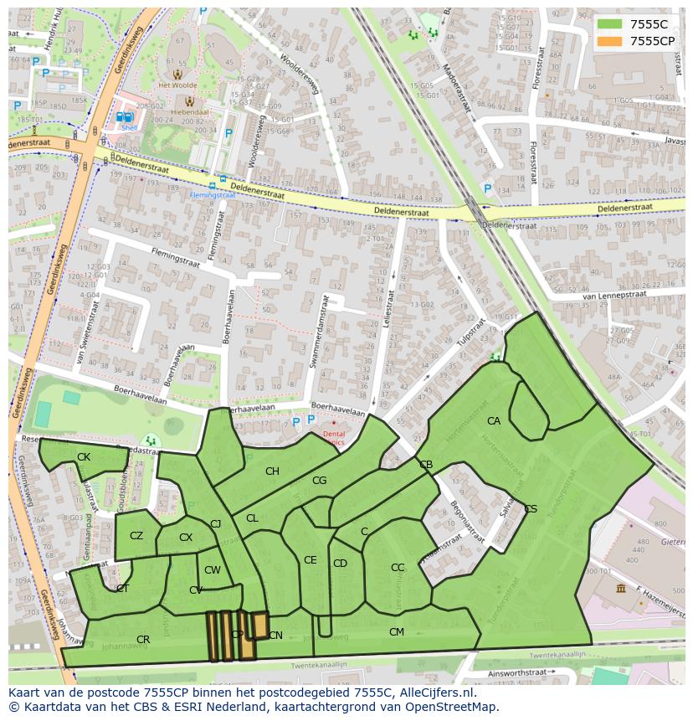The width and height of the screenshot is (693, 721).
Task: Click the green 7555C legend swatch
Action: tap(610, 23)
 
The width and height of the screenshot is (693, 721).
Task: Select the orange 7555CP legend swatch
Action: tap(610, 41)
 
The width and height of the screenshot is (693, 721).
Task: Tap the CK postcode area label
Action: tap(83, 457)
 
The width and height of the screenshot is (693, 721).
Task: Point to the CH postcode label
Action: tap(272, 471)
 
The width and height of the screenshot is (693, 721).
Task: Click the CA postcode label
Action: tap(494, 421)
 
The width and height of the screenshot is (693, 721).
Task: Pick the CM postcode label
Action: tap(397, 632)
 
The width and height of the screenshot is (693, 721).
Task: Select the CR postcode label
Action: tap(143, 640)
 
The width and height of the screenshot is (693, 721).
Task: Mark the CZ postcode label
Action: tap(136, 536)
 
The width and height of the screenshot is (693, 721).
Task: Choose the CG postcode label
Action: tap(319, 481)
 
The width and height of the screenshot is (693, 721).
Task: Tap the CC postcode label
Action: tap(398, 568)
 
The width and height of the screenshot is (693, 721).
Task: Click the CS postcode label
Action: tap(531, 509)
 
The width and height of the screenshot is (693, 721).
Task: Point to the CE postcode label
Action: tap(311, 560)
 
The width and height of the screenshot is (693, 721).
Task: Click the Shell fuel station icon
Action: tap(126, 119)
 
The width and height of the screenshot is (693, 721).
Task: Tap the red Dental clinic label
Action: tap(333, 437)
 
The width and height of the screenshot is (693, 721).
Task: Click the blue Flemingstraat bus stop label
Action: tap(212, 194)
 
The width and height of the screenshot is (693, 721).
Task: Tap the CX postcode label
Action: tap(186, 538)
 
